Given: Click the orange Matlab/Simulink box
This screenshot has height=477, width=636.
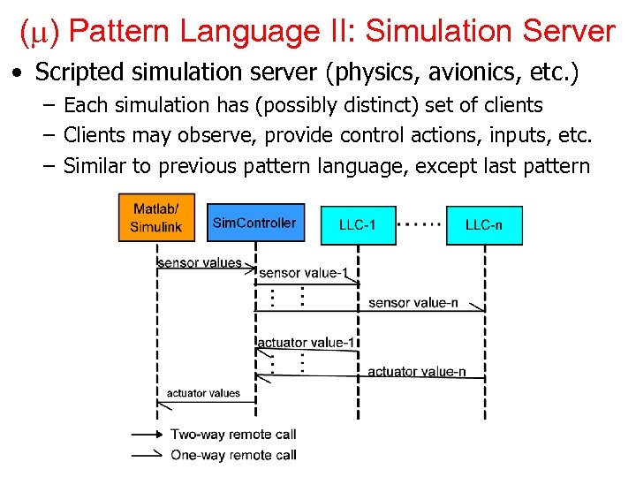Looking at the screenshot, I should [156, 217].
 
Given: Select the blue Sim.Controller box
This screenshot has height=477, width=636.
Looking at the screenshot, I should [254, 223].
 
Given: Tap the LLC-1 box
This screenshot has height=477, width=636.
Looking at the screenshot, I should [358, 225].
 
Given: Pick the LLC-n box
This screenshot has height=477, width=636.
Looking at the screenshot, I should [484, 225].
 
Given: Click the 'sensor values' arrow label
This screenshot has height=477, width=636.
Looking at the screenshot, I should [199, 262].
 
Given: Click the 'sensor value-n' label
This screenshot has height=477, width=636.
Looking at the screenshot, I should [413, 303].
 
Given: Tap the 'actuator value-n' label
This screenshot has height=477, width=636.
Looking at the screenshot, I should [416, 371].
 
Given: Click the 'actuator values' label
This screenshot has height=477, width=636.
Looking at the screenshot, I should [203, 393].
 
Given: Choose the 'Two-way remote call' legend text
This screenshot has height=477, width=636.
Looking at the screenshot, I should [233, 434].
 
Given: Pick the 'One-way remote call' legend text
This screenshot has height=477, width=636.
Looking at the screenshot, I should [233, 455].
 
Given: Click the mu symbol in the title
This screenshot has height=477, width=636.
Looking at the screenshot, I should [38, 33].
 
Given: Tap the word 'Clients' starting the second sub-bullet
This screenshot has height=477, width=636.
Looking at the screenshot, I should [95, 135].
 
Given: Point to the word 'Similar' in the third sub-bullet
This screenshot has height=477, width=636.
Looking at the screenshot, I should [95, 165].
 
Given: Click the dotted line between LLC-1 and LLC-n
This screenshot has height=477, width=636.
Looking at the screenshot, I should [420, 224].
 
